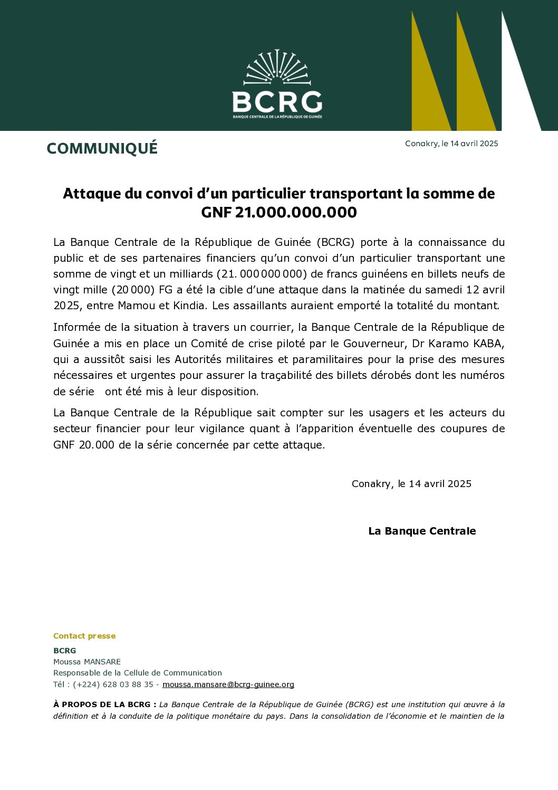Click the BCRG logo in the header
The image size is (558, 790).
tap(277, 84)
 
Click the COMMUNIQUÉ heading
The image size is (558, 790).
tap(102, 148)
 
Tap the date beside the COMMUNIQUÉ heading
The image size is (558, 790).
tap(451, 144)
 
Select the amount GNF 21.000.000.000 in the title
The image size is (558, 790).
tap(279, 212)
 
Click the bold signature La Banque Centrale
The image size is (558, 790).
tap(422, 531)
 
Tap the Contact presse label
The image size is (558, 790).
tap(84, 636)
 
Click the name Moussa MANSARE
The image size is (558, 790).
tap(87, 662)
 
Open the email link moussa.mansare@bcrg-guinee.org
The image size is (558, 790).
tap(228, 684)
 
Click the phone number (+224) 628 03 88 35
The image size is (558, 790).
tap(113, 684)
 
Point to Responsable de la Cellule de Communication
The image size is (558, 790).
tap(138, 673)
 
